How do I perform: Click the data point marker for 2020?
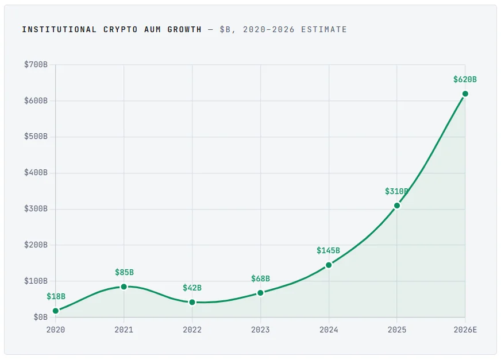point(56,311)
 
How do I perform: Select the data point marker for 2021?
point(124,287)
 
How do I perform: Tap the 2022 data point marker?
point(192,302)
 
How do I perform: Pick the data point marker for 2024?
point(329,265)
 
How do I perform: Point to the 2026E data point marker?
point(465,94)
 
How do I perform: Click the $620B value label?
point(465,80)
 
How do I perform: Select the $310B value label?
point(396,192)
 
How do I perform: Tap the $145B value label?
point(328,251)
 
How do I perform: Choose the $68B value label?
point(260,279)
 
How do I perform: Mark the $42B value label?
point(192,288)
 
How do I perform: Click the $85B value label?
point(124,273)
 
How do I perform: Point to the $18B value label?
point(56,297)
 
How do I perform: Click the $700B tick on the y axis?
point(36,65)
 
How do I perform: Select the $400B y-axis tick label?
point(36,173)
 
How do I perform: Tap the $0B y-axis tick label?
point(40,317)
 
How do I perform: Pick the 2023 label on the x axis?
point(260,330)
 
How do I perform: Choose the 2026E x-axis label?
point(465,330)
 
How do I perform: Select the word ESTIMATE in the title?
point(327,29)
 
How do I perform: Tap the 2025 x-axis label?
point(397,330)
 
